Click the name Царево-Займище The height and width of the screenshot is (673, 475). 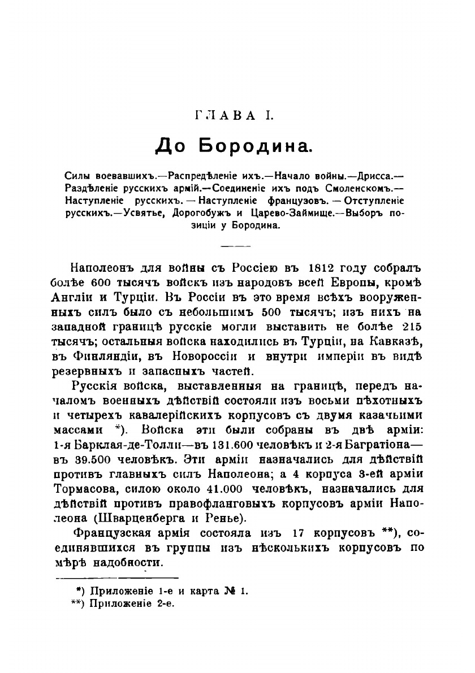305,214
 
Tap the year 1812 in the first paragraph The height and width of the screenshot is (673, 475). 323,267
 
